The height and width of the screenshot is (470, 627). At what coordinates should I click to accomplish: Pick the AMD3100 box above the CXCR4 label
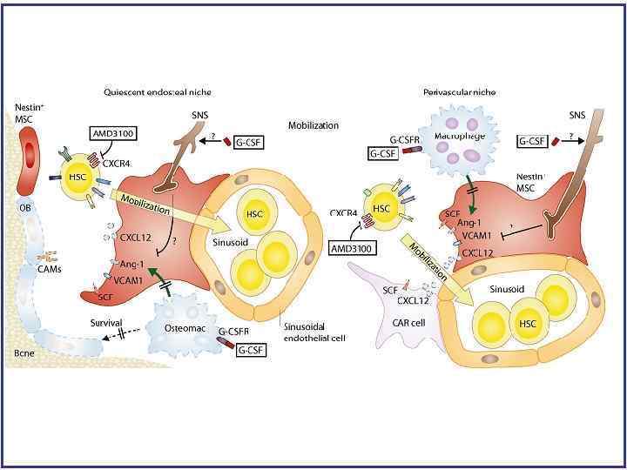[x=115, y=134]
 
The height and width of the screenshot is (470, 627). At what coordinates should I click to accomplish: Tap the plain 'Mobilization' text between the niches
[x=313, y=125]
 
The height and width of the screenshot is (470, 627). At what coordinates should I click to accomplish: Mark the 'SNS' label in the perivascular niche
[x=577, y=115]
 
